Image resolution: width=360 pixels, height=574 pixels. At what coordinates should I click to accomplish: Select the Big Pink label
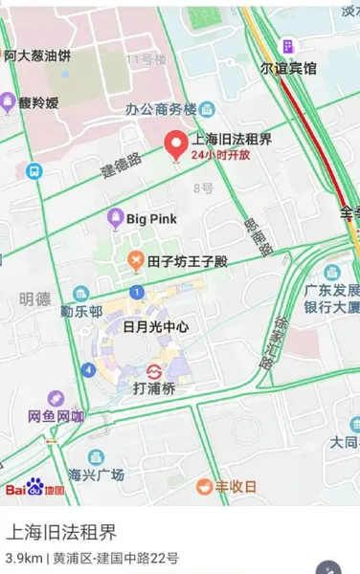click(151, 219)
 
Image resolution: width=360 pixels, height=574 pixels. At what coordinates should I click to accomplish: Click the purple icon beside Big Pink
click(115, 219)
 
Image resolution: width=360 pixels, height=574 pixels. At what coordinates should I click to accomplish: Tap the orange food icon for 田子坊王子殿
click(135, 260)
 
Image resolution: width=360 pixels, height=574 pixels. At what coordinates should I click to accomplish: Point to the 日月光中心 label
click(155, 326)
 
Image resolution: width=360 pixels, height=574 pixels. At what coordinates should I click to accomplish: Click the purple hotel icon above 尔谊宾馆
click(287, 47)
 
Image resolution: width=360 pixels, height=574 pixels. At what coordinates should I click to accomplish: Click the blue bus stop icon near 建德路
click(34, 171)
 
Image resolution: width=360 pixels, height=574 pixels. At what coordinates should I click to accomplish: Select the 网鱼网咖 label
click(56, 416)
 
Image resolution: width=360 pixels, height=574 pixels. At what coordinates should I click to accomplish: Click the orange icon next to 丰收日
click(204, 487)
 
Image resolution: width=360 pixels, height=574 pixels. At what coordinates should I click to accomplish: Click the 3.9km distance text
click(23, 557)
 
